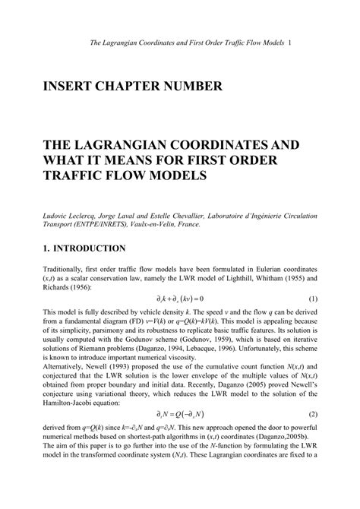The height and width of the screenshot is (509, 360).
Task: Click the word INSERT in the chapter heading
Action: [x=77, y=87]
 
